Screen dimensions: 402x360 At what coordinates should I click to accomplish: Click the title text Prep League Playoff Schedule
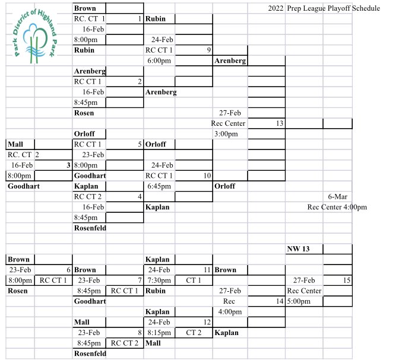coord(333,8)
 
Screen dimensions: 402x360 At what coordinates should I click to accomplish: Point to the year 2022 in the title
coord(276,8)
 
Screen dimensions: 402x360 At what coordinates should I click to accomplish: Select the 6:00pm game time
coord(159,60)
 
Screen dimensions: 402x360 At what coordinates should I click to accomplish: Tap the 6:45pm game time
coord(159,186)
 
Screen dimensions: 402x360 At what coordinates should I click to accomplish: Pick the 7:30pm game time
coord(159,281)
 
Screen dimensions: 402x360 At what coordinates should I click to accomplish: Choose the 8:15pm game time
coord(159,333)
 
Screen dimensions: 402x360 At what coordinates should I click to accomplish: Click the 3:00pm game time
coord(226,134)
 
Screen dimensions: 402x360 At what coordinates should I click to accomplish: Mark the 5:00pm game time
coord(299,301)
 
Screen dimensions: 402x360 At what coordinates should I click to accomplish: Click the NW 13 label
coord(298,249)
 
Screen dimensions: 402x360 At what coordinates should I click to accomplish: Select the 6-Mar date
coord(338,197)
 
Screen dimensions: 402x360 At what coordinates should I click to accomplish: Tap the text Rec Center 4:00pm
coord(337,207)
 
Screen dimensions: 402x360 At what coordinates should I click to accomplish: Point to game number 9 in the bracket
coord(209,50)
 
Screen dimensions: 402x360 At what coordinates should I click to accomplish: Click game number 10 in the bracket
coord(207,176)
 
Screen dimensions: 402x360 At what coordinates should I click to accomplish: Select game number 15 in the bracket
coord(347,281)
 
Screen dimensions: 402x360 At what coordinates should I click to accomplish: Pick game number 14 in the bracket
coord(280,301)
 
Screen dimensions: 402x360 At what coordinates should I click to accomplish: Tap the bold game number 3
coord(68,165)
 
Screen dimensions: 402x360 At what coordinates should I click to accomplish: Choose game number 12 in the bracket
coord(207,322)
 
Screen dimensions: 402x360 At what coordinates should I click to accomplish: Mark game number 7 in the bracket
coord(140,281)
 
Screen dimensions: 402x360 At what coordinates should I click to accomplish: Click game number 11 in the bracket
coord(207,270)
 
